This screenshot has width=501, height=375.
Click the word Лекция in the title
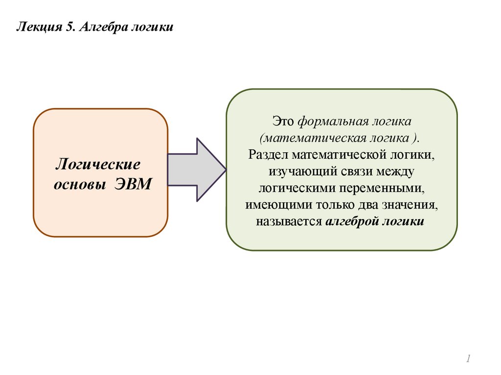pyautogui.click(x=38, y=26)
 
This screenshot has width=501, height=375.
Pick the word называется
pyautogui.click(x=288, y=222)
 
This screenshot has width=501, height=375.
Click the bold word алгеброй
pyautogui.click(x=350, y=222)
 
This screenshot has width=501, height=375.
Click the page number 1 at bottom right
pyautogui.click(x=468, y=359)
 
